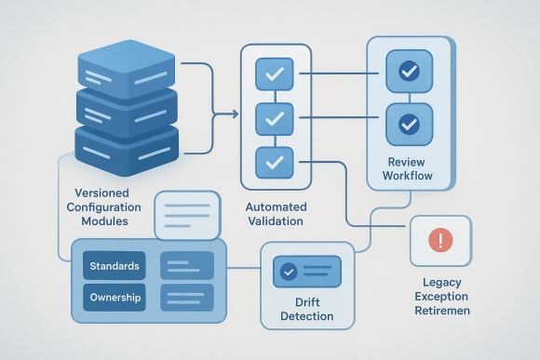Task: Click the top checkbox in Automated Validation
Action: (x=274, y=73)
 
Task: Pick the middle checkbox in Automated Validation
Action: (x=274, y=117)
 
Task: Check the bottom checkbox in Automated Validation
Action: (x=274, y=162)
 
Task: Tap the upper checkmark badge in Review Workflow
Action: (x=408, y=71)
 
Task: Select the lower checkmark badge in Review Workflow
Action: (x=408, y=123)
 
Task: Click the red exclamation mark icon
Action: (x=440, y=241)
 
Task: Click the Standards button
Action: (x=115, y=267)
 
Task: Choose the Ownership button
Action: (x=115, y=298)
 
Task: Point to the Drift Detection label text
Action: (x=306, y=310)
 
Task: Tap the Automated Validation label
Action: (x=275, y=213)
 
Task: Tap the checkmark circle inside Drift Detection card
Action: (x=289, y=272)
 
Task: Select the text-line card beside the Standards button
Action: (x=187, y=267)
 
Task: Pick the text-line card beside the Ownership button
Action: (x=187, y=298)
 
